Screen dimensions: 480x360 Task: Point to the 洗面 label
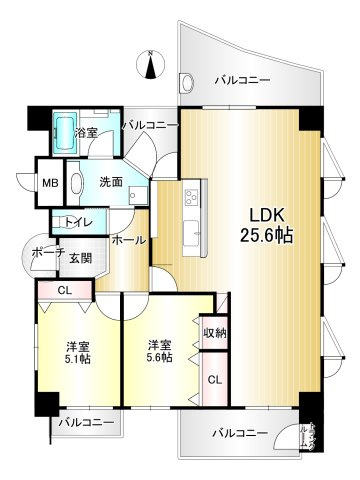110,182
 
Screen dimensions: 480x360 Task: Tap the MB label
48,183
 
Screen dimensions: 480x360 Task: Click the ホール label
129,241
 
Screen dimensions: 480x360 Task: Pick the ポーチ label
42,252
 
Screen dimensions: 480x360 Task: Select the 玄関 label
81,258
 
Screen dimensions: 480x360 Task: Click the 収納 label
214,332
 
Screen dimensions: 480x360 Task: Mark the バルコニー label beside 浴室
150,125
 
